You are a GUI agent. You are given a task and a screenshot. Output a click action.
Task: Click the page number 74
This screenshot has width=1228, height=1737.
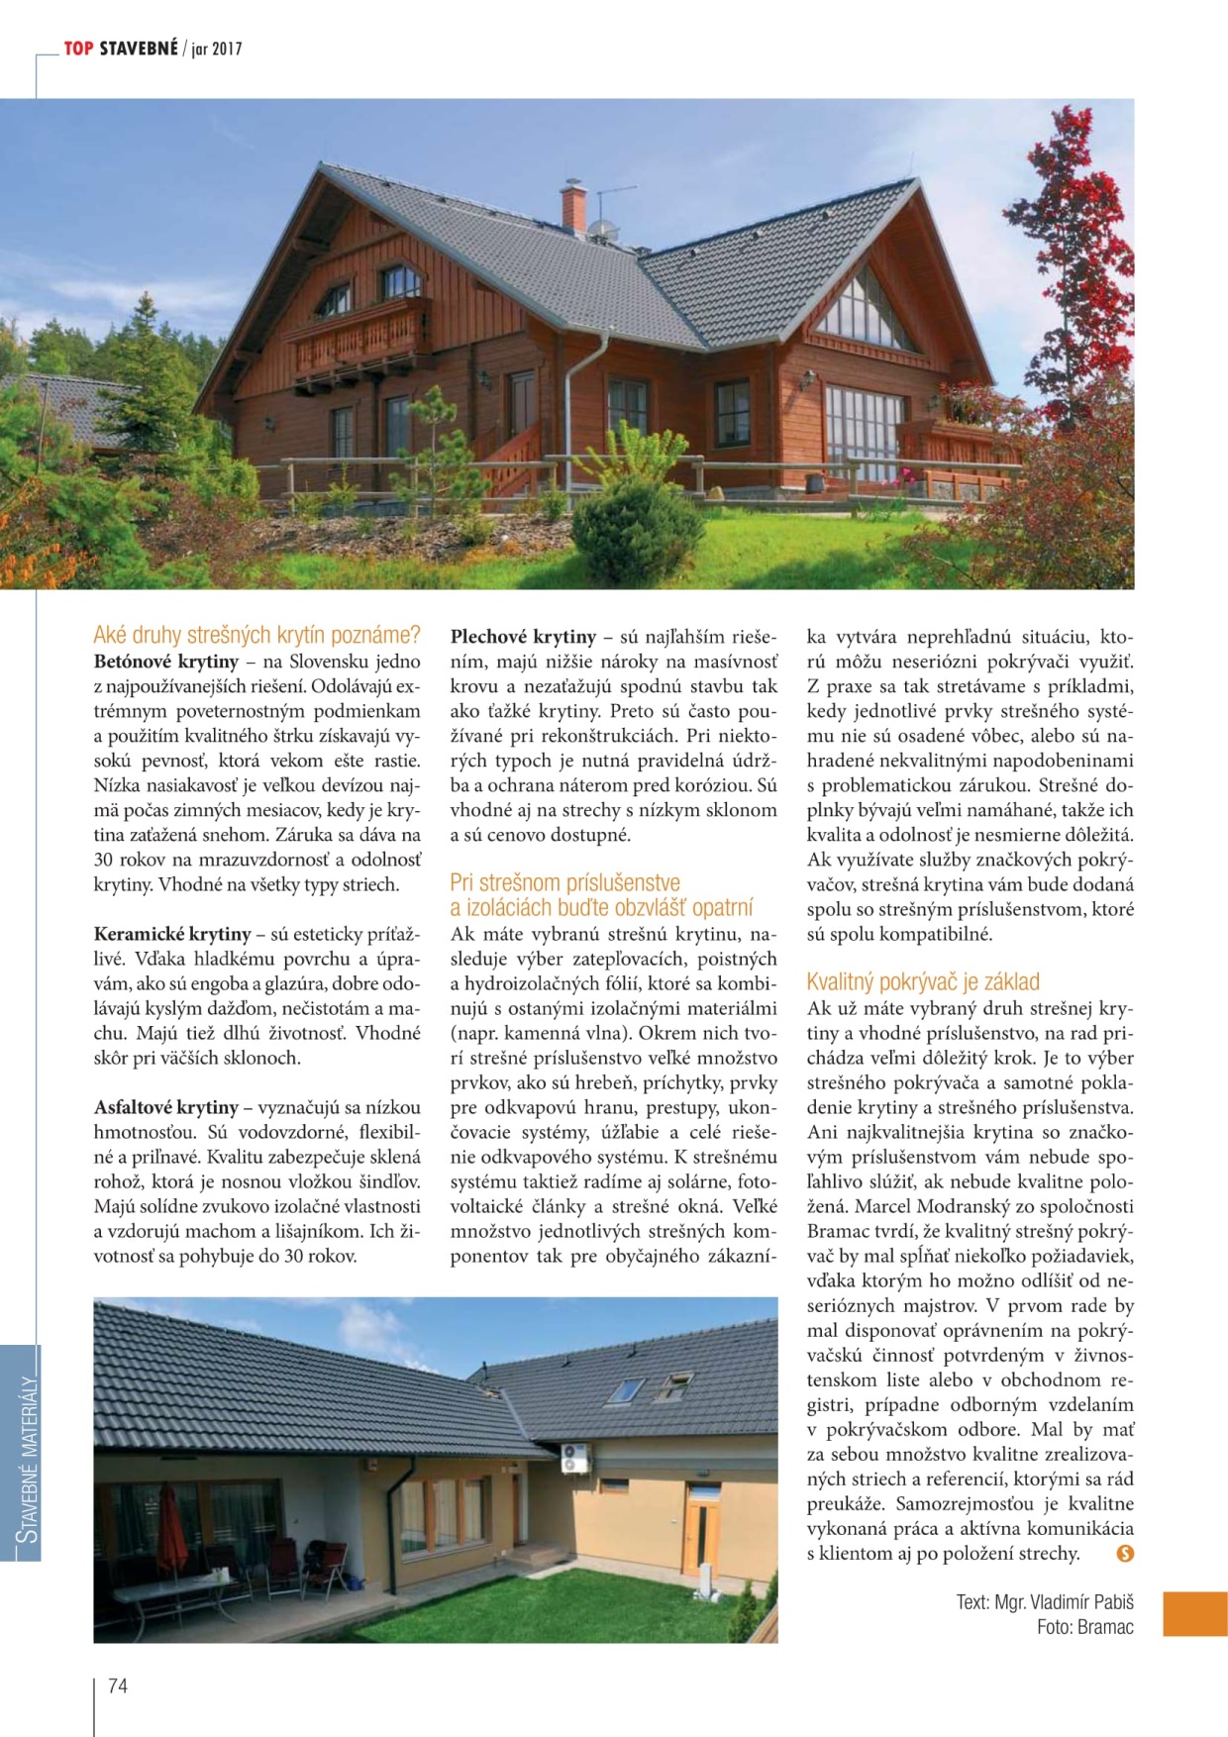(117, 1686)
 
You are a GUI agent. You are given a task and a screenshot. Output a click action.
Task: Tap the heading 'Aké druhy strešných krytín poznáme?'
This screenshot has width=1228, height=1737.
(256, 635)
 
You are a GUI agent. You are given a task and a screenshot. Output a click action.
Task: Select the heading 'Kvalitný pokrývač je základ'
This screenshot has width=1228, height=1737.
(923, 981)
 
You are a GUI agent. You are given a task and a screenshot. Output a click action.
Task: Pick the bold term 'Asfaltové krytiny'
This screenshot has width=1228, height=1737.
(166, 1107)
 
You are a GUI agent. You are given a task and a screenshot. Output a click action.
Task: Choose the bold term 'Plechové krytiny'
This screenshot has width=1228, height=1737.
(523, 637)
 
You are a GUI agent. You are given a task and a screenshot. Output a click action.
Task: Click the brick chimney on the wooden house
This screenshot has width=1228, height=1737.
(573, 206)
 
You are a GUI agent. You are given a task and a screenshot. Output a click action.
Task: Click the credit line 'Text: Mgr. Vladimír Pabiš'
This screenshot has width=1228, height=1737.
(1044, 1601)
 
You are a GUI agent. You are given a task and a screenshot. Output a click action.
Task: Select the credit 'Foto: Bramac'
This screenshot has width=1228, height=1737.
(1084, 1626)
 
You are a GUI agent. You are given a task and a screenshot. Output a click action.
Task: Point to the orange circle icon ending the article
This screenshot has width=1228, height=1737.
(1124, 1553)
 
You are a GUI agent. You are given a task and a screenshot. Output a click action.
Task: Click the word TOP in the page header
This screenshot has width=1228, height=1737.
(78, 49)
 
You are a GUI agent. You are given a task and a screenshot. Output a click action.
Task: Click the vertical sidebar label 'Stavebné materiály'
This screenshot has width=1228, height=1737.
(28, 1457)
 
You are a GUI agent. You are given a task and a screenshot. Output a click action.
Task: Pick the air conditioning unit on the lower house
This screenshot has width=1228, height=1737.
(574, 1458)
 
